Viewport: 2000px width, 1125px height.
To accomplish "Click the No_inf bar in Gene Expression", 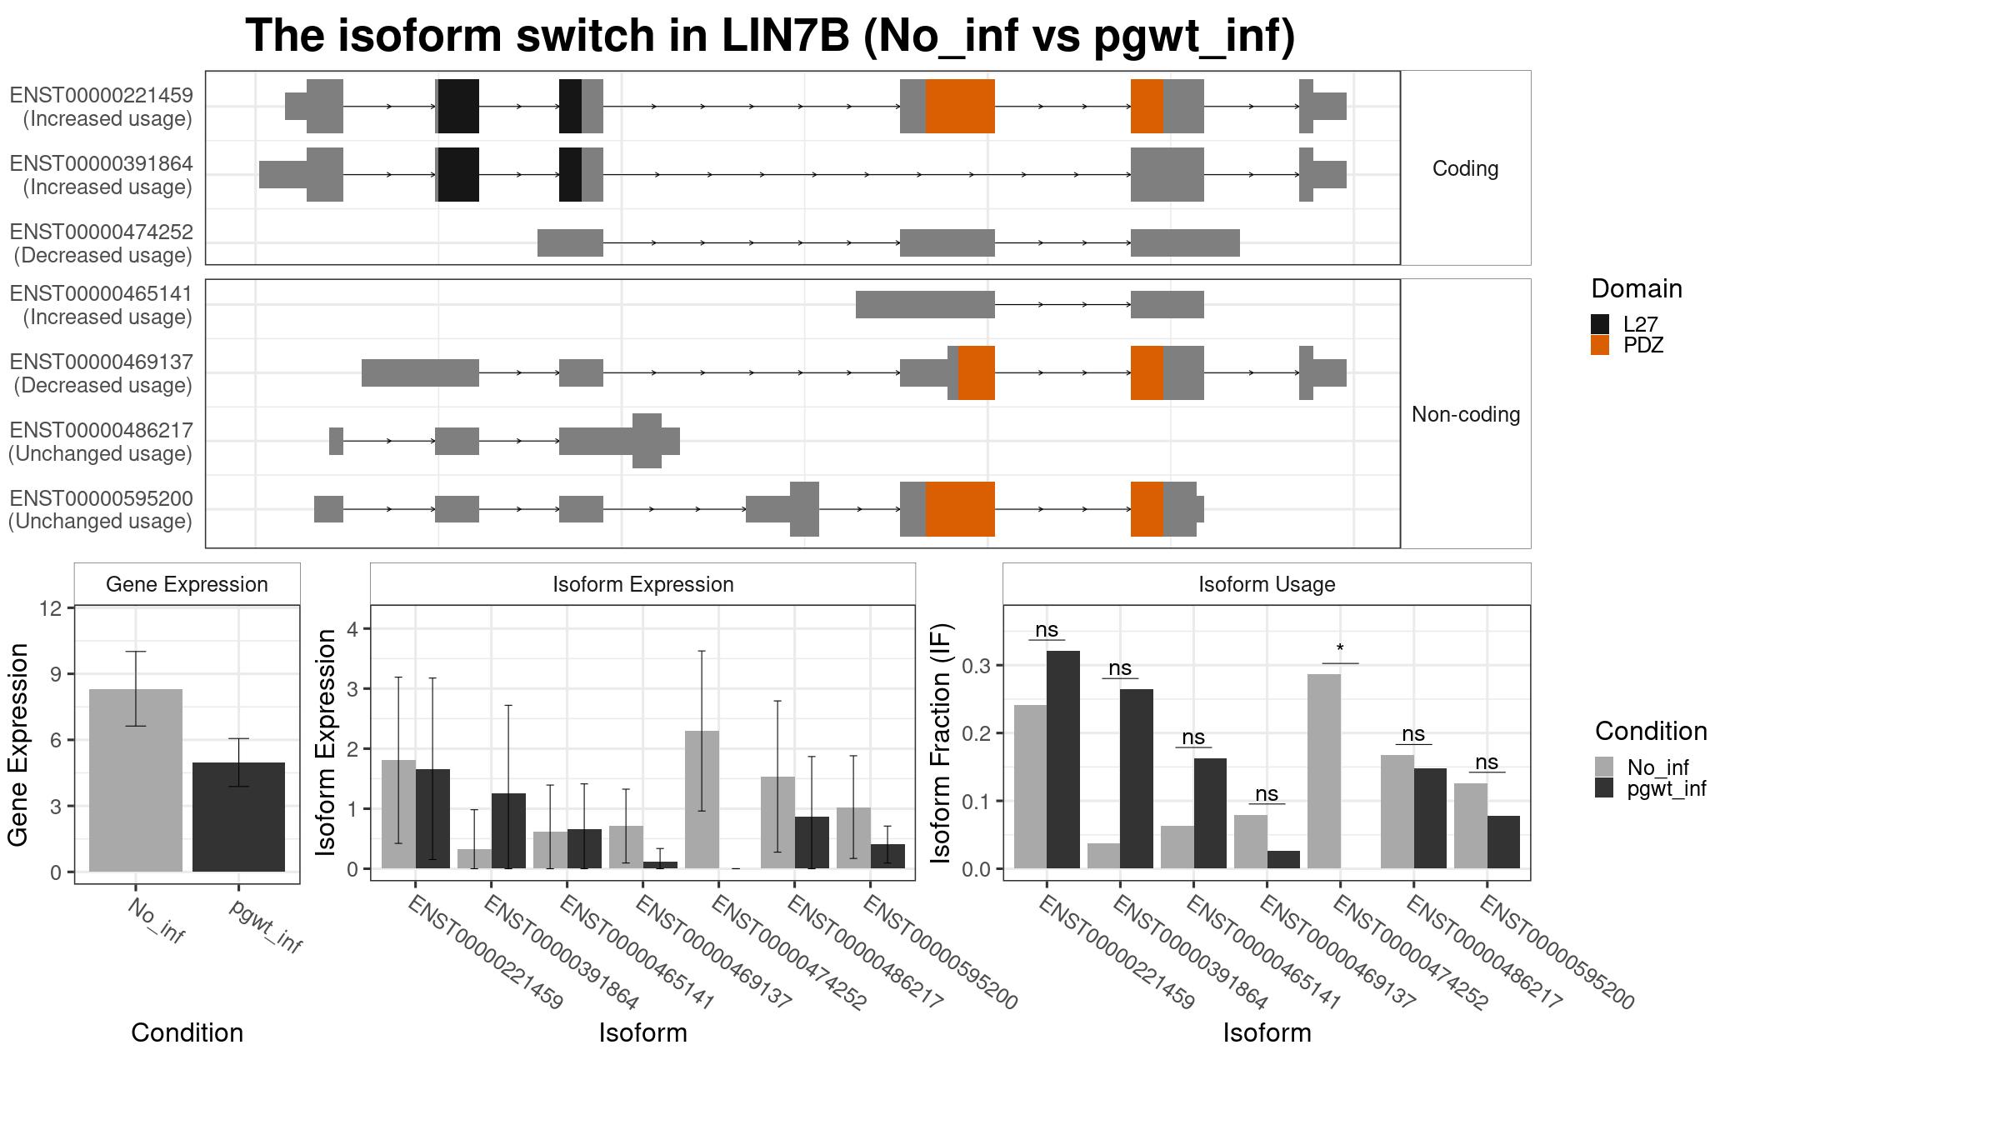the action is point(135,780).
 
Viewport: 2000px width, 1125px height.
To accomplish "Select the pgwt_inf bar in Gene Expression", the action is point(238,817).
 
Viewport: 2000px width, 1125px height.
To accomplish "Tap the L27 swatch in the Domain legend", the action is point(1600,324).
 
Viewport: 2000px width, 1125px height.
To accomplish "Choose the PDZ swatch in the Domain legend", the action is point(1600,345).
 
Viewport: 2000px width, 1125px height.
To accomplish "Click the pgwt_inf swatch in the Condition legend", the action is point(1604,788).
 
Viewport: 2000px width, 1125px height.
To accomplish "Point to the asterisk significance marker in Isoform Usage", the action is point(1340,649).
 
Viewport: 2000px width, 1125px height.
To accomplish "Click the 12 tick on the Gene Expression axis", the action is point(50,608).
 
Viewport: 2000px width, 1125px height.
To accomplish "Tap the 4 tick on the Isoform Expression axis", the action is point(352,629).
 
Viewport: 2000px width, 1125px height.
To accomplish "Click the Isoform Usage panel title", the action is point(1267,584).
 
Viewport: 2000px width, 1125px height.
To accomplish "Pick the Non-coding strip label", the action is point(1466,414).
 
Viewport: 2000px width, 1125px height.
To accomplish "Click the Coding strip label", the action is point(1466,168).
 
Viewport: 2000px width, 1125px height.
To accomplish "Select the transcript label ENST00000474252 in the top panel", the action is point(102,232).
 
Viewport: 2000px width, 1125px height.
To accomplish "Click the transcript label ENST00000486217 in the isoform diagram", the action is point(102,430).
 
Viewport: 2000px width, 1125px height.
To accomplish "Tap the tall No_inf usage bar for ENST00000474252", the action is point(1324,771).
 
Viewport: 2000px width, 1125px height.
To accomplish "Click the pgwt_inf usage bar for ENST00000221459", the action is point(1063,759).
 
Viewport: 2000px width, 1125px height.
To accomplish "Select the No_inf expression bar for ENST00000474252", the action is point(702,799).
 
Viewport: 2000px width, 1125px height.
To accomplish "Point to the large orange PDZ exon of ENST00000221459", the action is point(960,106).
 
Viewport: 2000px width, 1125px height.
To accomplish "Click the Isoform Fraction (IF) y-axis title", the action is point(942,742).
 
